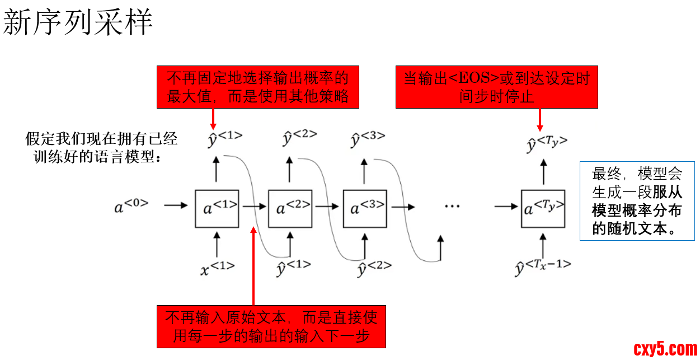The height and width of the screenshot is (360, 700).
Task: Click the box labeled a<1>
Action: (x=217, y=208)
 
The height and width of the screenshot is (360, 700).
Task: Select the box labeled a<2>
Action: (x=290, y=208)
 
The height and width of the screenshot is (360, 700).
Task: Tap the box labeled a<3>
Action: (x=365, y=208)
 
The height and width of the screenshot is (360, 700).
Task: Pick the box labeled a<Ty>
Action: (x=543, y=208)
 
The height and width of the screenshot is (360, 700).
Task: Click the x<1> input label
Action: (x=218, y=269)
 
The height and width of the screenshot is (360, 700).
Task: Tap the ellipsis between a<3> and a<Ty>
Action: (x=452, y=206)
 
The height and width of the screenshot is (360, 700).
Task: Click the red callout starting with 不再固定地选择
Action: (x=257, y=87)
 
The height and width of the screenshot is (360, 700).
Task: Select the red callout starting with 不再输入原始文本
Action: (x=271, y=326)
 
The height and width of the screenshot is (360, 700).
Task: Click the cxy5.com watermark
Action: (x=665, y=349)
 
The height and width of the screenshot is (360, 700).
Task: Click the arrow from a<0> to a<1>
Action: (x=176, y=205)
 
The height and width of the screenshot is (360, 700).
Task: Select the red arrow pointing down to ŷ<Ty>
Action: (x=540, y=119)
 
